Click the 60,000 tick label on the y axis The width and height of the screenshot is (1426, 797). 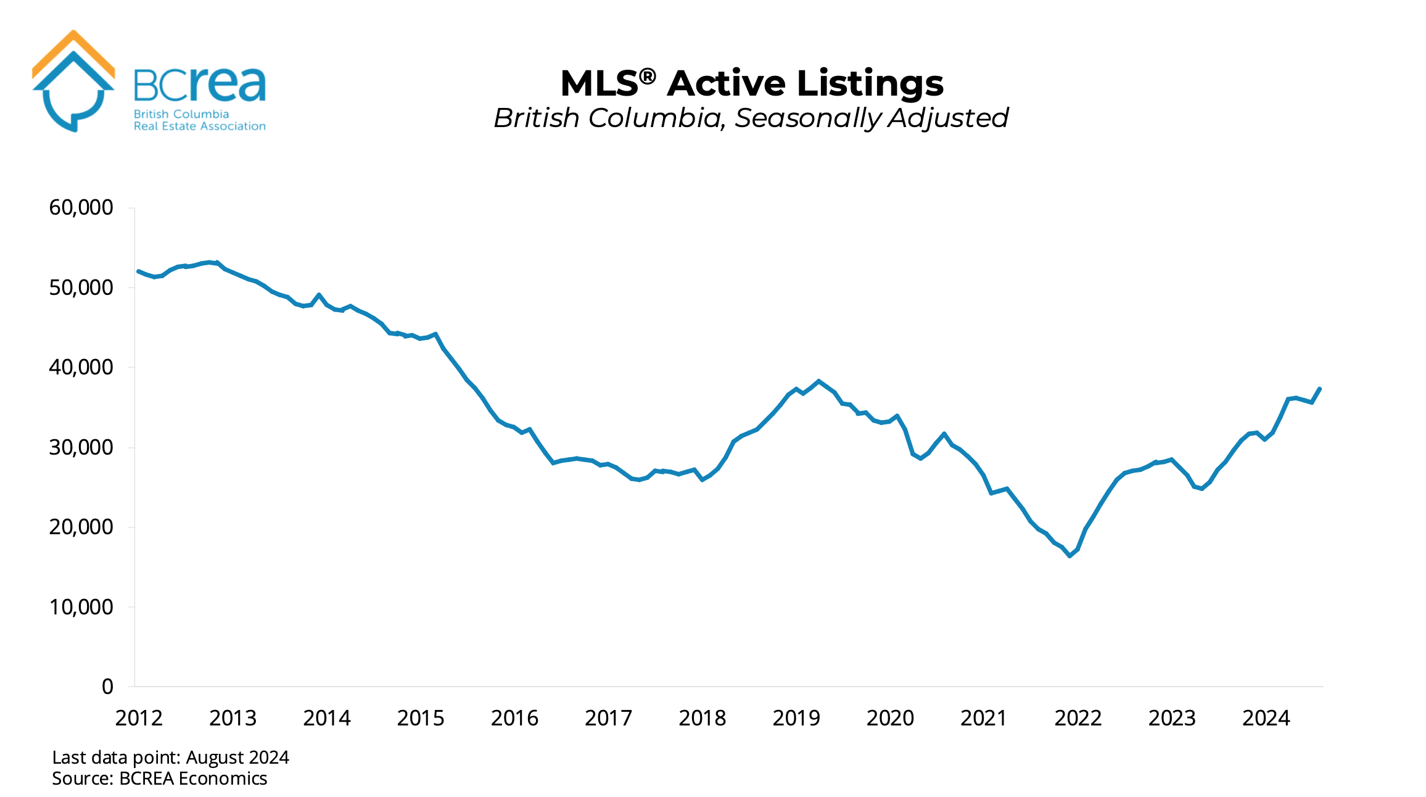[81, 207]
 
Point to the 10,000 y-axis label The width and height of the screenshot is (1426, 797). [81, 607]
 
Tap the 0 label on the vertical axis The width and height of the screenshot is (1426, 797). [107, 687]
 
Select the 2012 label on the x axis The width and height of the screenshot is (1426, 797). [139, 718]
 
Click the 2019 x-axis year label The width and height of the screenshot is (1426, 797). [796, 718]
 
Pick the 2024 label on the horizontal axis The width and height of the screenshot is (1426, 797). [1266, 718]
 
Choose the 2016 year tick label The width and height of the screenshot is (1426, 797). [514, 718]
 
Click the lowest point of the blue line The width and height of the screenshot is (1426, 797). [1069, 556]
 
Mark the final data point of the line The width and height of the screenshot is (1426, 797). [1319, 389]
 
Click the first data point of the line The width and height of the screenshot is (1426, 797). [138, 271]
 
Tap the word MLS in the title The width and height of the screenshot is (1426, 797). [599, 84]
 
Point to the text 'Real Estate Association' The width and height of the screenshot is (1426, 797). [199, 126]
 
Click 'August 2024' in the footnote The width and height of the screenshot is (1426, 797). [237, 758]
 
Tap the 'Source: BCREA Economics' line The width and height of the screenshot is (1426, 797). [159, 778]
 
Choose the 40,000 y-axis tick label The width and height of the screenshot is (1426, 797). [81, 367]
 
